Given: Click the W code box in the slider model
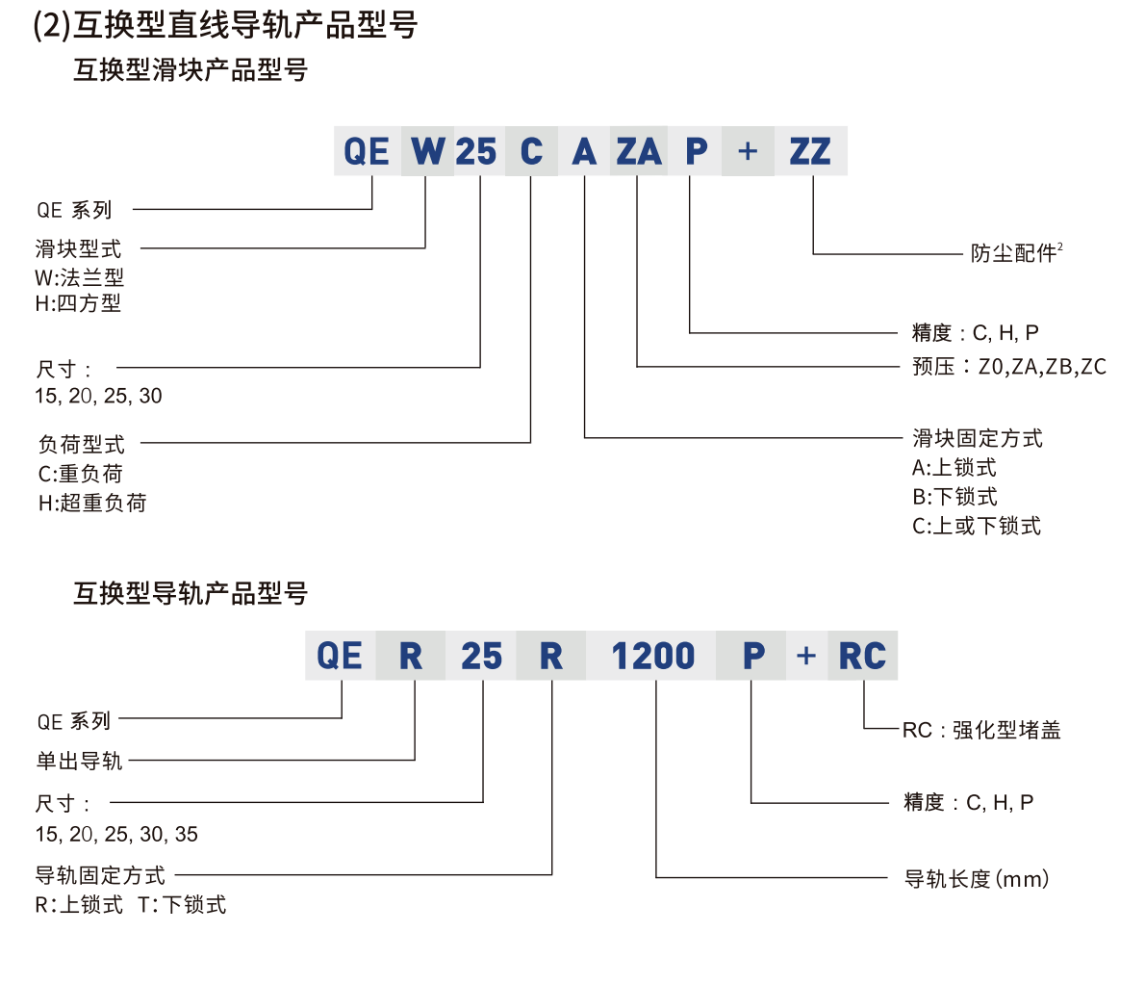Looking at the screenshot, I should [x=427, y=151].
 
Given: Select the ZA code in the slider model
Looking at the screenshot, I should [x=639, y=151].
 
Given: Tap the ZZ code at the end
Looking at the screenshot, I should [x=810, y=151].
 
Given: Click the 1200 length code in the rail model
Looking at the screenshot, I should [x=652, y=656].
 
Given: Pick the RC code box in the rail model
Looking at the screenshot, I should [x=862, y=656].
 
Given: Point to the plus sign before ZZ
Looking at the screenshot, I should [x=748, y=151].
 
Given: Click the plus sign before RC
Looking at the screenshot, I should [x=806, y=656].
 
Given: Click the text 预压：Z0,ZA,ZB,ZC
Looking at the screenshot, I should [x=1008, y=367].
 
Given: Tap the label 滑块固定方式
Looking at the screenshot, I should [x=977, y=439].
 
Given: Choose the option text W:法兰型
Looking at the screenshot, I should [x=80, y=278].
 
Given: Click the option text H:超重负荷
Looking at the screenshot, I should [x=92, y=503].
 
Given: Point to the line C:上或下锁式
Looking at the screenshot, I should [x=976, y=526].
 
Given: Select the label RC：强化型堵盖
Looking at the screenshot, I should [x=980, y=730].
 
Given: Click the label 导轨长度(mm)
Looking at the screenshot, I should [x=976, y=879].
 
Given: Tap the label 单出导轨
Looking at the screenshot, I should [x=79, y=761].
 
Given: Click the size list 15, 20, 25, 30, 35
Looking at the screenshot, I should [x=116, y=834].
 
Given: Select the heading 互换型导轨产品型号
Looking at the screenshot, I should [x=191, y=593].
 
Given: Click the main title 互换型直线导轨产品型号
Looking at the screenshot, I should [x=226, y=24].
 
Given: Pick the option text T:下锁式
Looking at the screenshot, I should [x=182, y=904].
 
